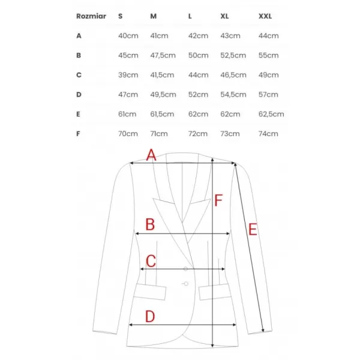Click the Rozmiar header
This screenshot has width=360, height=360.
[x=91, y=16]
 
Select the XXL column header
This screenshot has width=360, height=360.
[x=265, y=16]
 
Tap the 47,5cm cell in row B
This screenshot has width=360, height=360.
[x=163, y=55]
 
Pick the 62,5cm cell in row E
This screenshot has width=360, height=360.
[x=271, y=114]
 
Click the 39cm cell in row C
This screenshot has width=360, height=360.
[x=128, y=75]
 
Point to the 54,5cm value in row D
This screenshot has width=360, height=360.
[x=233, y=95]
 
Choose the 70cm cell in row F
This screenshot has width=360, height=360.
[x=128, y=134]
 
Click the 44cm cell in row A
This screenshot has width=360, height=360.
[x=268, y=36]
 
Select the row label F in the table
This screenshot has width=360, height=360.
[x=78, y=134]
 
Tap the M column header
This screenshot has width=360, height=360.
[x=154, y=16]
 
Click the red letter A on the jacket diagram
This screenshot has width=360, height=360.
[x=151, y=155]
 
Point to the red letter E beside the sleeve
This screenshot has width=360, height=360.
[x=253, y=229]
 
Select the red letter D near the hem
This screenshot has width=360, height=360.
[x=150, y=316]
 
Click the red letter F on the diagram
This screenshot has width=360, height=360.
[x=218, y=200]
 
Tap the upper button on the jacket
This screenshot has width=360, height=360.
[x=186, y=269]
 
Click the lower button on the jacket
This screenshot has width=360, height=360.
[x=186, y=284]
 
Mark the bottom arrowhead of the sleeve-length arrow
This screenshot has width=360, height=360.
[x=263, y=330]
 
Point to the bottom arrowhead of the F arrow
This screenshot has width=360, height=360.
[x=212, y=345]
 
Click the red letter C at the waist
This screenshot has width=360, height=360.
[x=151, y=261]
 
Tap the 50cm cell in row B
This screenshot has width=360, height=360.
[x=199, y=55]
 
